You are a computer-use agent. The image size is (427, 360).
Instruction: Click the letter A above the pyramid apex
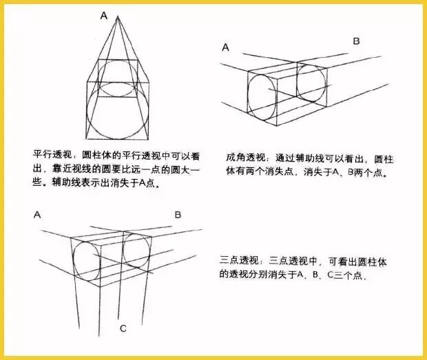point(104,16)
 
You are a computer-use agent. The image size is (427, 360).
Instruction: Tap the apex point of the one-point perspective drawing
point(118,17)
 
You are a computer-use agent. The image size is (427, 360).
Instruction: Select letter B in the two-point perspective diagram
point(356,41)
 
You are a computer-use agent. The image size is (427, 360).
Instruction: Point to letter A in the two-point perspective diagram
point(225,47)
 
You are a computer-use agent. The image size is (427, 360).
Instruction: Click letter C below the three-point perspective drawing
point(123,328)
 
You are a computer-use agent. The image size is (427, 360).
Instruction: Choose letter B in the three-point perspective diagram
point(178,215)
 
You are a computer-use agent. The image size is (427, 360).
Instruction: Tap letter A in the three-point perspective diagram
point(37,215)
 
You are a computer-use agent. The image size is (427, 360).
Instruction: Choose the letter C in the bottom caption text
point(330,275)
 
